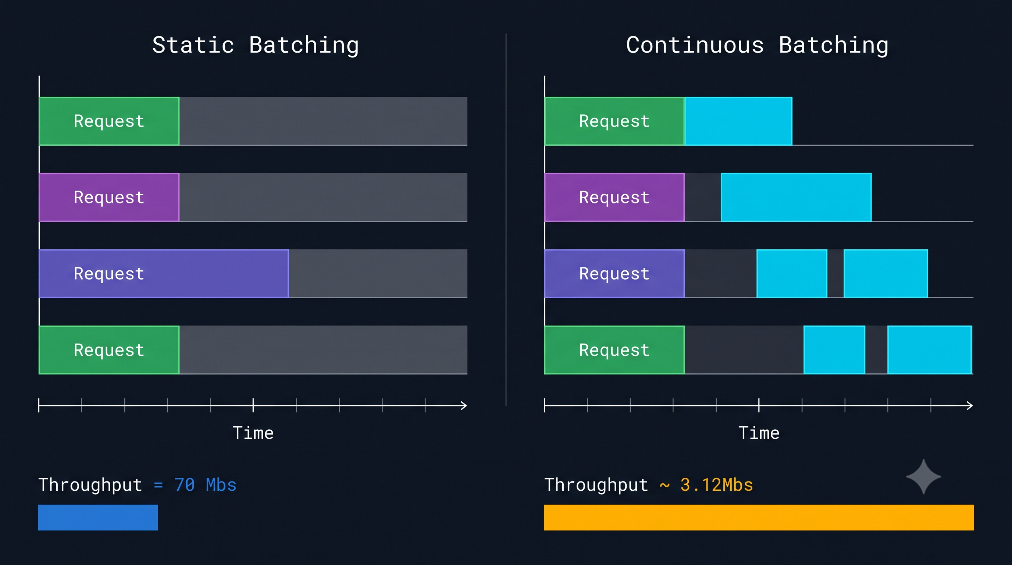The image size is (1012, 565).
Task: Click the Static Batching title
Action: [x=255, y=46]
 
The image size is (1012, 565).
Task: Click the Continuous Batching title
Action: [x=757, y=46]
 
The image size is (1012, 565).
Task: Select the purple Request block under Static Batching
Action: [x=109, y=197]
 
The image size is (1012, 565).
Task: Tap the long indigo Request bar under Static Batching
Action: [x=164, y=273]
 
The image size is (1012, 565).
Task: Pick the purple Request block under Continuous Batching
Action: [x=614, y=197]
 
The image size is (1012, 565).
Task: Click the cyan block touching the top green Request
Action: [x=738, y=121]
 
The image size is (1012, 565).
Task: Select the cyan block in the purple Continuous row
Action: [x=796, y=197]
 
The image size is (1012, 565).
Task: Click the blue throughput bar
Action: [x=98, y=518]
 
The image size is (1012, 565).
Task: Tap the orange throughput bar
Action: [x=759, y=518]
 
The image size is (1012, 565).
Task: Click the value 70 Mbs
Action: [x=205, y=485]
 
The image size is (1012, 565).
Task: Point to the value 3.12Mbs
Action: [x=717, y=485]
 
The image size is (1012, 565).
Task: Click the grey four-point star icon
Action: [x=924, y=477]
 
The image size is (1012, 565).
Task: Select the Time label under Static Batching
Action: [x=253, y=433]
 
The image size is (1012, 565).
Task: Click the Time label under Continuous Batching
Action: [x=759, y=433]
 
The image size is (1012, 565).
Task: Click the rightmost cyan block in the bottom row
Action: [x=930, y=350]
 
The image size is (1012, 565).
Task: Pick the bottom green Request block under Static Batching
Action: [x=109, y=350]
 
